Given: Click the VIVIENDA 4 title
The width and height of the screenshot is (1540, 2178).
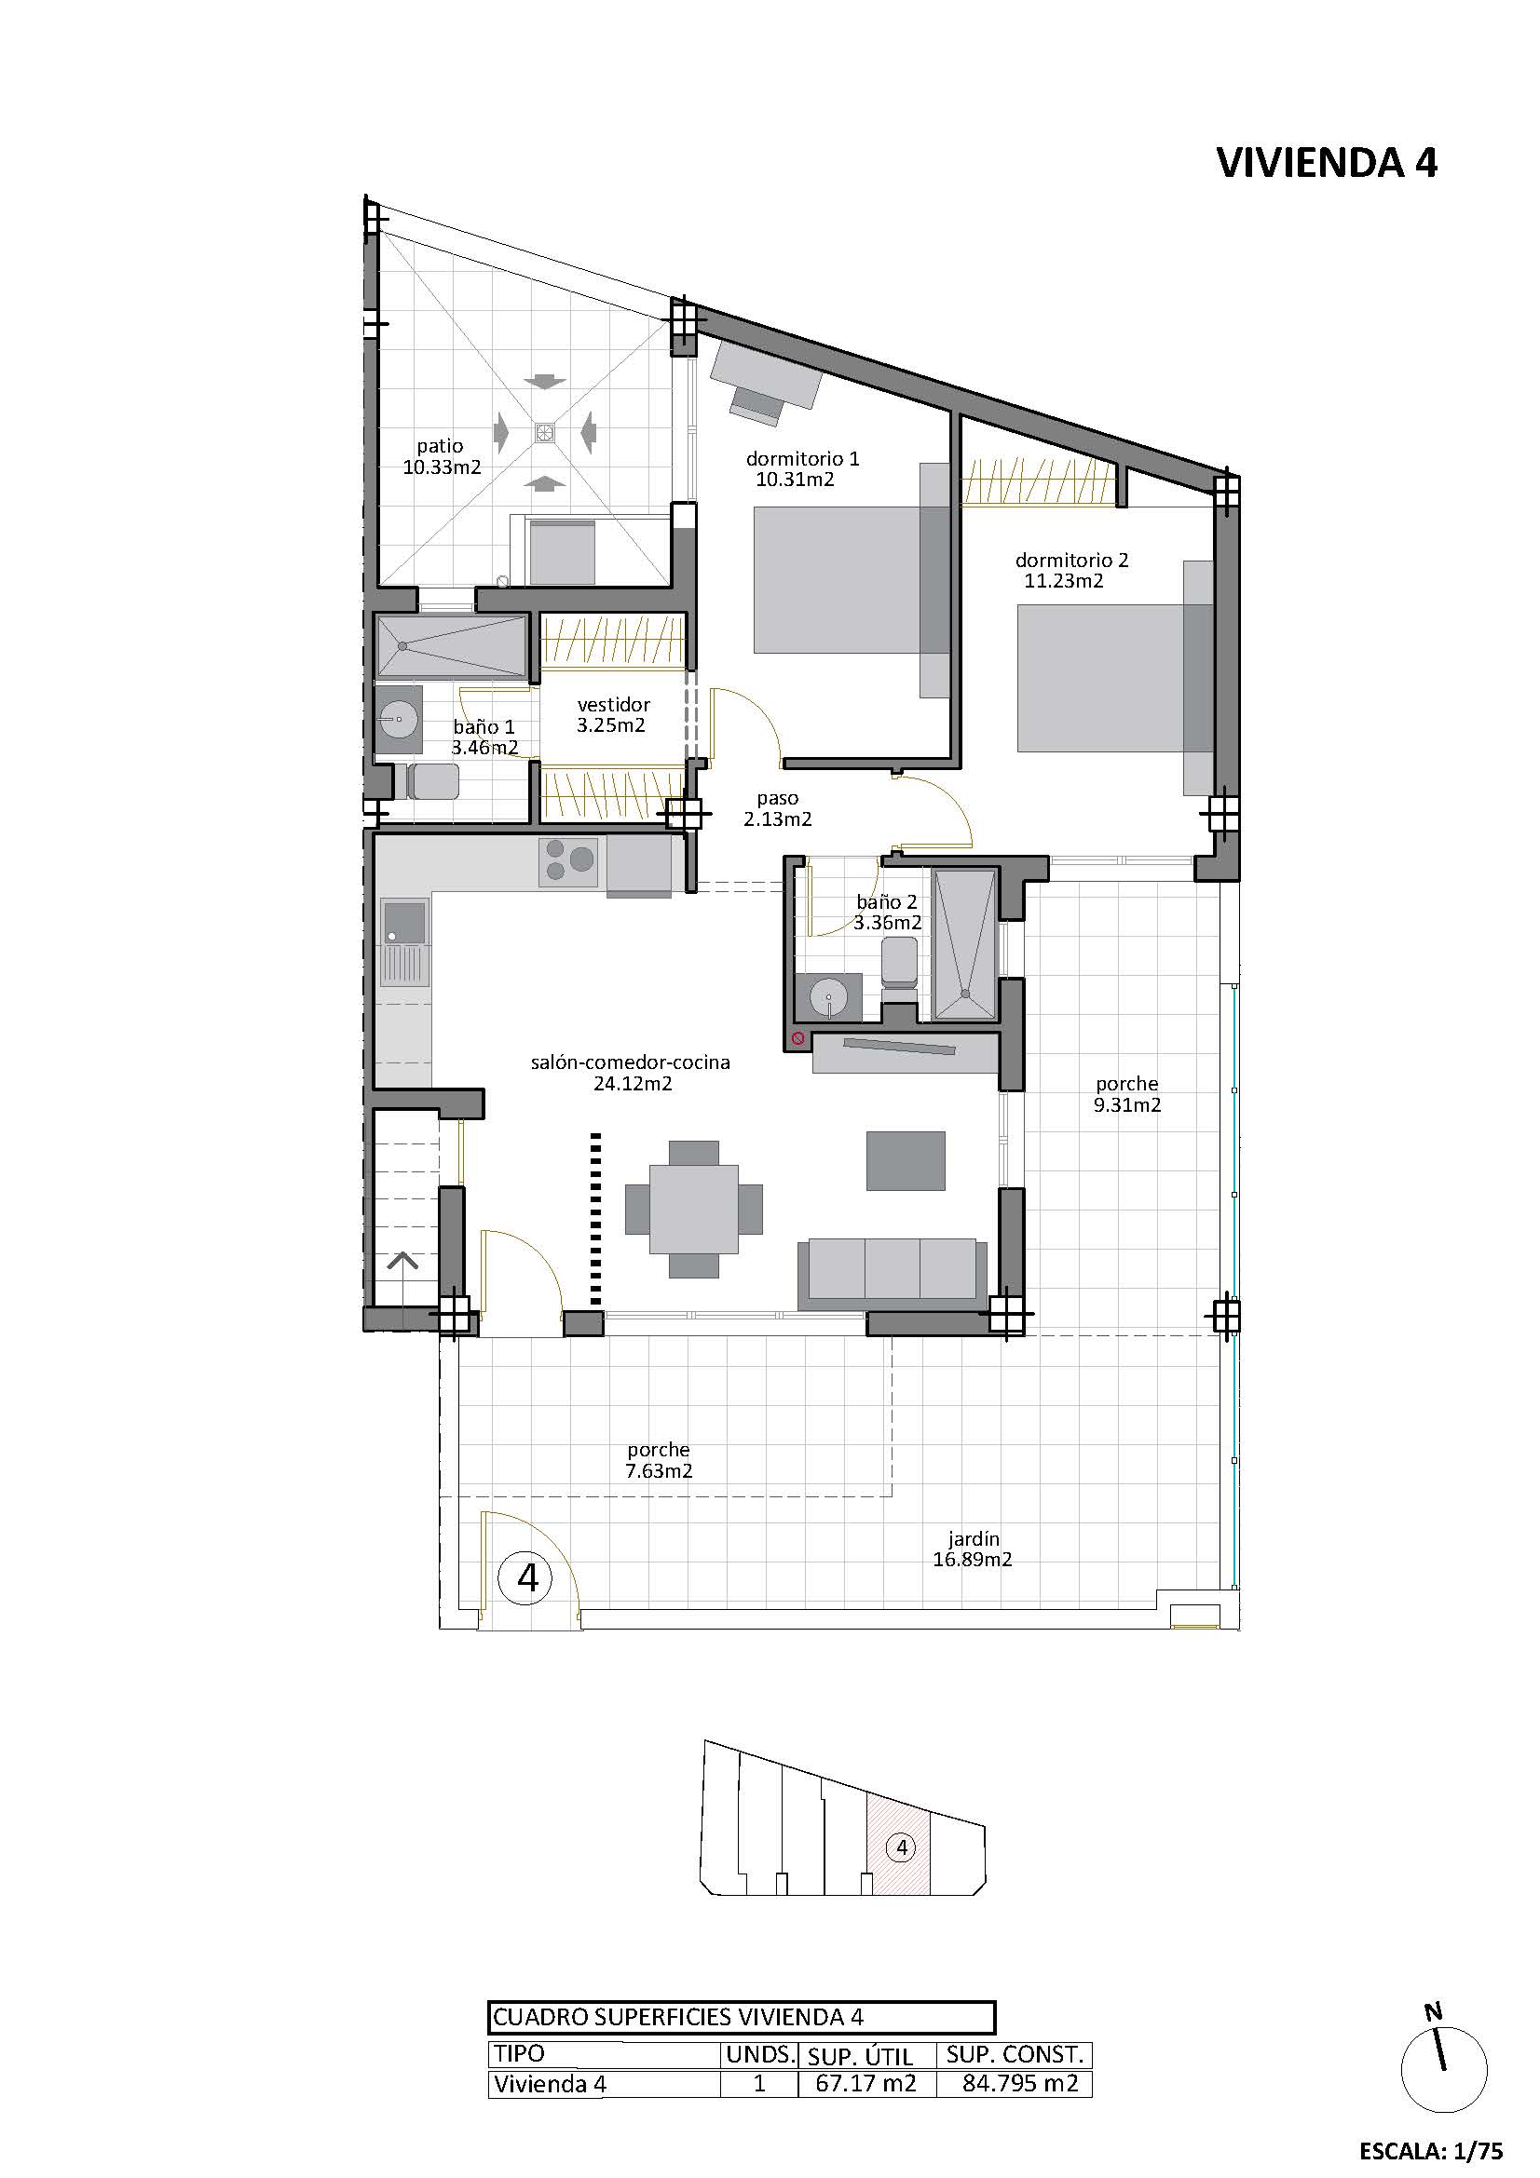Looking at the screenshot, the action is (x=1327, y=163).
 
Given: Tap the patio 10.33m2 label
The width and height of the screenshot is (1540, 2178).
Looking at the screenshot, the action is (x=442, y=456).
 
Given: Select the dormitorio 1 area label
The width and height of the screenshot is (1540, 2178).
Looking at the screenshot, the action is (x=802, y=468).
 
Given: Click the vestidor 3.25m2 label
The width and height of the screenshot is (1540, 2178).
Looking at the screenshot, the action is (x=612, y=714).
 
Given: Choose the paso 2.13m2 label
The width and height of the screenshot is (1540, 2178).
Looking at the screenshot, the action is (x=777, y=808).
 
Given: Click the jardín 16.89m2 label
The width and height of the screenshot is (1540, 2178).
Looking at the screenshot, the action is (x=973, y=1549).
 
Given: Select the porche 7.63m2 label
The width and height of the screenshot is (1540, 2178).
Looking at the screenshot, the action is (x=659, y=1461).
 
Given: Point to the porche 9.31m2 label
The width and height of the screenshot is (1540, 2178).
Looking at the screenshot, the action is (x=1127, y=1094).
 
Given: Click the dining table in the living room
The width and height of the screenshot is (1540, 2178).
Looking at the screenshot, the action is (x=695, y=1210).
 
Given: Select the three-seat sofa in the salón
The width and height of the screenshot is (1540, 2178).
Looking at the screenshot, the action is (x=891, y=1273).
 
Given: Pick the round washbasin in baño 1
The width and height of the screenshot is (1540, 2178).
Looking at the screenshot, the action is (x=400, y=720).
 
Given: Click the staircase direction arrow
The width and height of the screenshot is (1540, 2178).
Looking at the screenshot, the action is (x=403, y=1261).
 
